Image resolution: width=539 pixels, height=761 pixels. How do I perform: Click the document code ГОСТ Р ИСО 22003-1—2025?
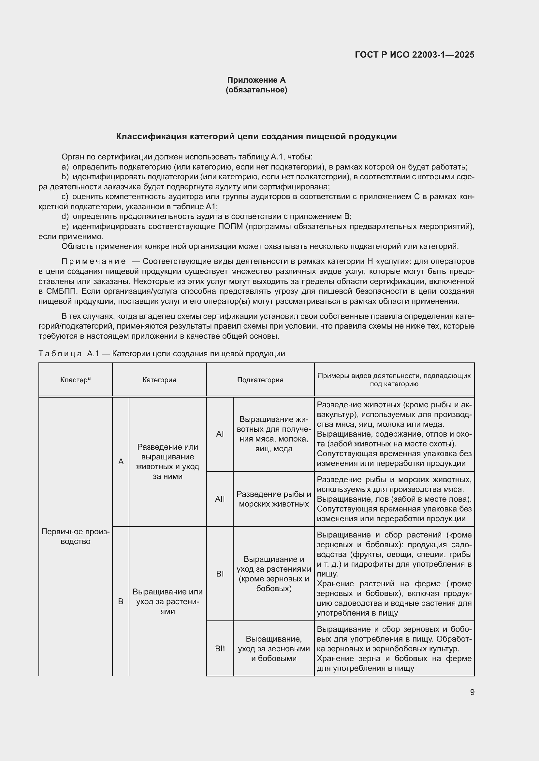[x=414, y=55]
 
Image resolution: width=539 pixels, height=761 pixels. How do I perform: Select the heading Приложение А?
[x=256, y=80]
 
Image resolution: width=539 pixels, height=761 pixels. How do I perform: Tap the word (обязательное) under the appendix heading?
[x=256, y=90]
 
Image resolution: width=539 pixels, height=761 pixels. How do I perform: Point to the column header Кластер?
[x=75, y=380]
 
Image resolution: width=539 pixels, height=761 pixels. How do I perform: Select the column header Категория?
[x=159, y=380]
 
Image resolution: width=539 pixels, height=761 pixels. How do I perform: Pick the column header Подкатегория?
[x=260, y=380]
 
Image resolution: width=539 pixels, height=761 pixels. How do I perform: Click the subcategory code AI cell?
[x=220, y=434]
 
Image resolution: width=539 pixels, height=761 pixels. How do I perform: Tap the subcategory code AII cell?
[x=220, y=499]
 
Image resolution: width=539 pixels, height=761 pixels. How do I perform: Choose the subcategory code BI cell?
[x=220, y=574]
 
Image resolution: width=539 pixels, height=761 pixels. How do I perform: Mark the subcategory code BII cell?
[x=220, y=649]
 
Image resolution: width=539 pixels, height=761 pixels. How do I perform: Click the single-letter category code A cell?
[x=121, y=461]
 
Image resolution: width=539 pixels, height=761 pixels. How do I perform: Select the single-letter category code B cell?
[x=121, y=601]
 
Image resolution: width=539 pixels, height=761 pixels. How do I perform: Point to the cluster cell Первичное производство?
[x=75, y=536]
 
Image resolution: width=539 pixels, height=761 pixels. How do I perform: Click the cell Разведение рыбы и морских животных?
[x=274, y=499]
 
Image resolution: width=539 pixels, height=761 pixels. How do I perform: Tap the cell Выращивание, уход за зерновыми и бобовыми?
[x=274, y=649]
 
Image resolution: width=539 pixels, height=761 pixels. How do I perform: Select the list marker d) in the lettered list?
[x=65, y=217]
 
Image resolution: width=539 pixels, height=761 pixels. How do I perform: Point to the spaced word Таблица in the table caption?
[x=60, y=354]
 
